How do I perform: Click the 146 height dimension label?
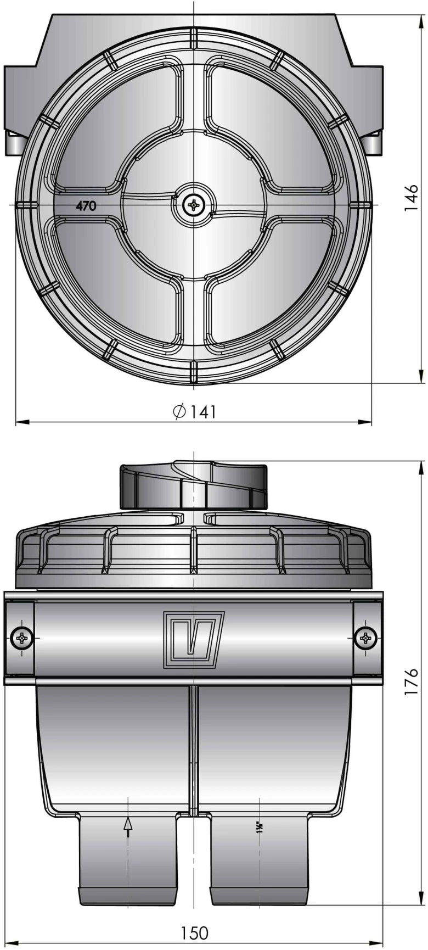tap(411, 198)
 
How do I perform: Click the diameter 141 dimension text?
tap(195, 412)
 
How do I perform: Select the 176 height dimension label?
tap(411, 681)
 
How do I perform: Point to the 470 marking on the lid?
tap(86, 206)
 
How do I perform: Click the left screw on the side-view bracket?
tap(22, 638)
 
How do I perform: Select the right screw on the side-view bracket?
tap(365, 638)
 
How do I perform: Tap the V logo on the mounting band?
tap(194, 640)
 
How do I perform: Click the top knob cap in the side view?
tap(194, 486)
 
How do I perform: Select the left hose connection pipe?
tap(128, 859)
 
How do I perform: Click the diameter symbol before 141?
tap(179, 412)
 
